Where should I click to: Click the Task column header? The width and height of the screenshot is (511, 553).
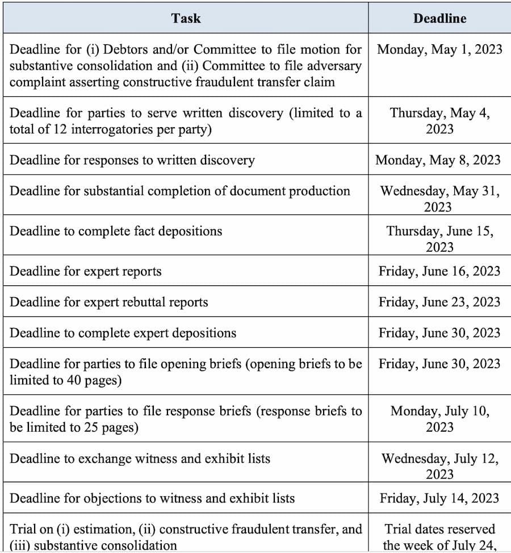[x=186, y=18]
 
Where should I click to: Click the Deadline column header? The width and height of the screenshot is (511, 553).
[x=439, y=18]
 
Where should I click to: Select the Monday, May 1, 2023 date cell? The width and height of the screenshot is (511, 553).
[x=439, y=49]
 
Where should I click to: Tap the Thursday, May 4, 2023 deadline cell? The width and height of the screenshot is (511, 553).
[x=439, y=120]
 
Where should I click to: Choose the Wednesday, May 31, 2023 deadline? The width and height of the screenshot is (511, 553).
[x=439, y=198]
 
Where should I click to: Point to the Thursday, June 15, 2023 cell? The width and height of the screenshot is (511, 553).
[x=439, y=239]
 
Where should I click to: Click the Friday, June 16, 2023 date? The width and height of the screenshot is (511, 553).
[x=439, y=271]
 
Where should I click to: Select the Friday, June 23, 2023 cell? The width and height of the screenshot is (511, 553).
[x=439, y=302]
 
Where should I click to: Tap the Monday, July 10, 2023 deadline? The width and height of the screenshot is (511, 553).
[x=439, y=418]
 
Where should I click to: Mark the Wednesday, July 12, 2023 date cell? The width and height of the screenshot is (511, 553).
[x=439, y=466]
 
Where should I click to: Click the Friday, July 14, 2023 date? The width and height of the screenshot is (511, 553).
[x=439, y=498]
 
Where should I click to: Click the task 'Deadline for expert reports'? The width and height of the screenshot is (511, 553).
[x=86, y=271]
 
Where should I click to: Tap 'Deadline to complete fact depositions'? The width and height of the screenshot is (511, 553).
[x=116, y=231]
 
